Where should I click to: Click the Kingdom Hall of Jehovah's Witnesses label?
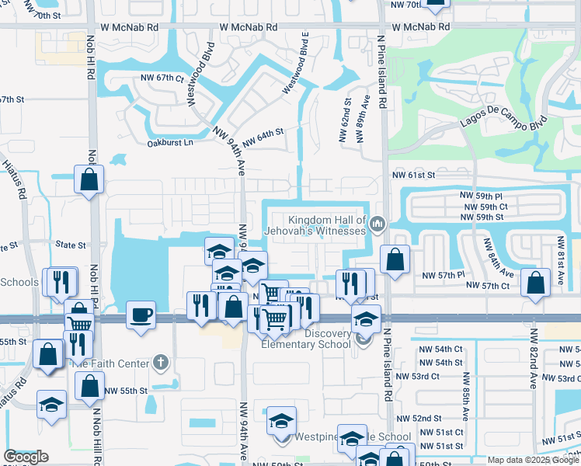326,225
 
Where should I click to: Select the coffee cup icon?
141,315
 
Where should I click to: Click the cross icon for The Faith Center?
160,362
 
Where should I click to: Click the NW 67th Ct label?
162,78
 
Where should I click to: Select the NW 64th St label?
263,138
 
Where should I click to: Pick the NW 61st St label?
412,176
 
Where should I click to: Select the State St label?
71,245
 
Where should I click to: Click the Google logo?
26,457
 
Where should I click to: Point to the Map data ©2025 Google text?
533,460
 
